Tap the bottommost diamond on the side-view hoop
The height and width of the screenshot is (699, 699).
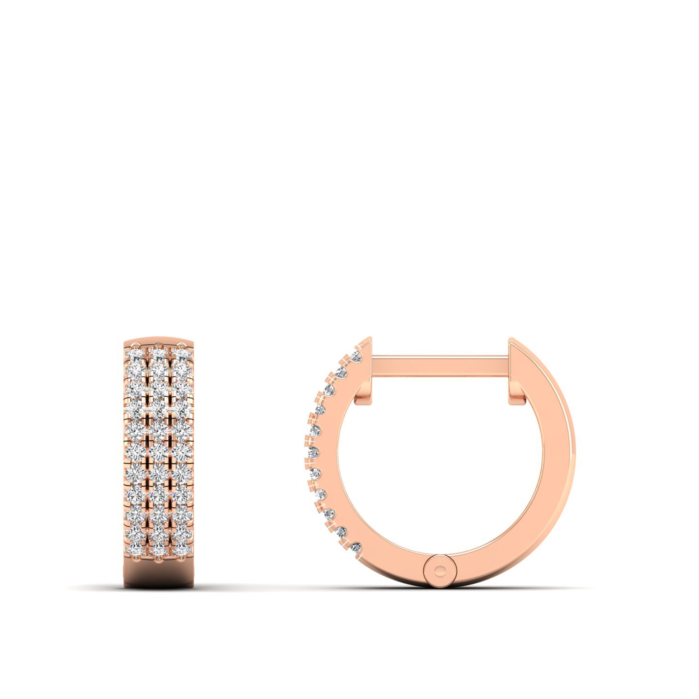click(356, 547)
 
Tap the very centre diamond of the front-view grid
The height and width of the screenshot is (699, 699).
click(158, 451)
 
